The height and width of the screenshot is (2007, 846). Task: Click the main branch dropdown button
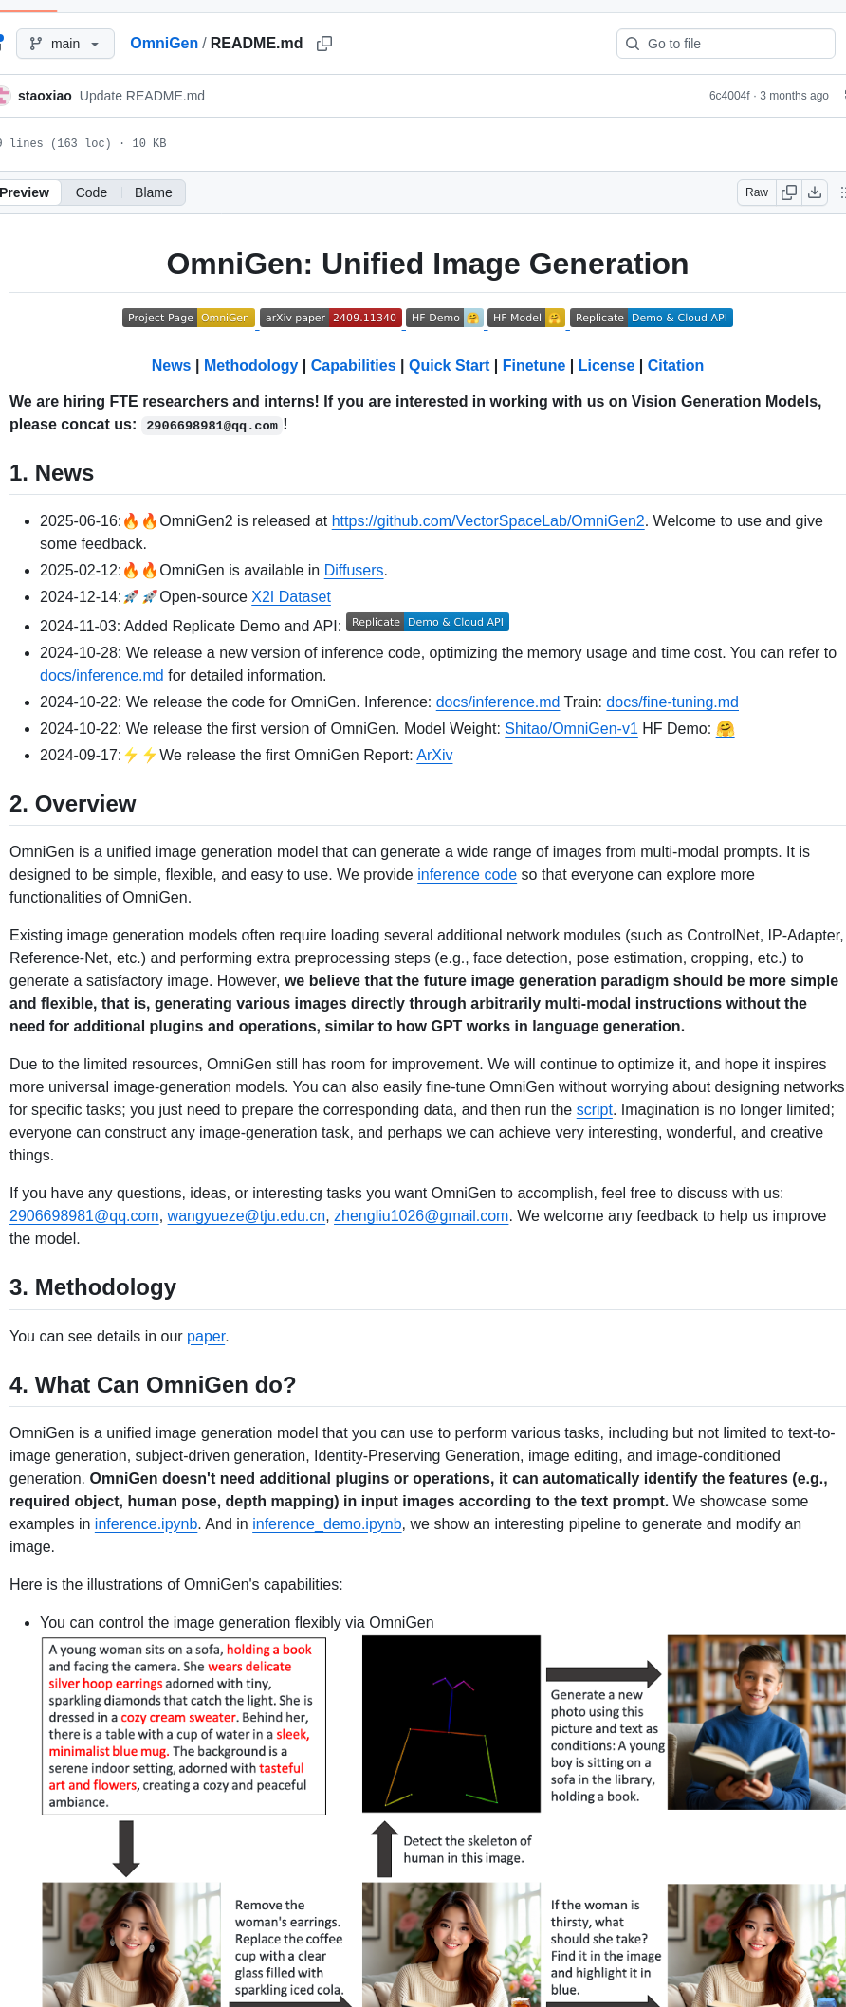pyautogui.click(x=64, y=44)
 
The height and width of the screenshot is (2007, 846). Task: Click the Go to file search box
pyautogui.click(x=726, y=44)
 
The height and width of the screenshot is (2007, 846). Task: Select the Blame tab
pyautogui.click(x=153, y=192)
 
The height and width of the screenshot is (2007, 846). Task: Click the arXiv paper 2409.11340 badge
pyautogui.click(x=331, y=318)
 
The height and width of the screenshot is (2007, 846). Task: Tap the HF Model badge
pyautogui.click(x=526, y=318)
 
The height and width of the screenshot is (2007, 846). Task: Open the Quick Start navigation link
pyautogui.click(x=449, y=365)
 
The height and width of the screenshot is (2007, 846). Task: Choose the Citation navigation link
pyautogui.click(x=675, y=365)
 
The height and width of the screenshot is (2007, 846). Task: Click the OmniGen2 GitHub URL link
pyautogui.click(x=487, y=520)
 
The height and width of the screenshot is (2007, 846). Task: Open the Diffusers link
pyautogui.click(x=354, y=570)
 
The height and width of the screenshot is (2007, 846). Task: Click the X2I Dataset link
pyautogui.click(x=290, y=596)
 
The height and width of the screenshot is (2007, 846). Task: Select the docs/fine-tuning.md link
pyautogui.click(x=671, y=702)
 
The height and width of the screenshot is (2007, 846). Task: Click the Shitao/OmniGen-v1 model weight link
pyautogui.click(x=571, y=728)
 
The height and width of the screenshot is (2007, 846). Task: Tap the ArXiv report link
pyautogui.click(x=434, y=755)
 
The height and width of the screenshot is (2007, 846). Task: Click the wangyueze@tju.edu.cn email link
pyautogui.click(x=247, y=1215)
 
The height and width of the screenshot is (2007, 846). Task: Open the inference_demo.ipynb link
pyautogui.click(x=327, y=1523)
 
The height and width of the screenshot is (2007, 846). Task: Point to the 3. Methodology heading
pyautogui.click(x=93, y=1286)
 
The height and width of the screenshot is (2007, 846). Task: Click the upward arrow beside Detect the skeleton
pyautogui.click(x=384, y=1848)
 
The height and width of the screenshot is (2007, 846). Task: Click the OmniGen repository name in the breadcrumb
pyautogui.click(x=163, y=44)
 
